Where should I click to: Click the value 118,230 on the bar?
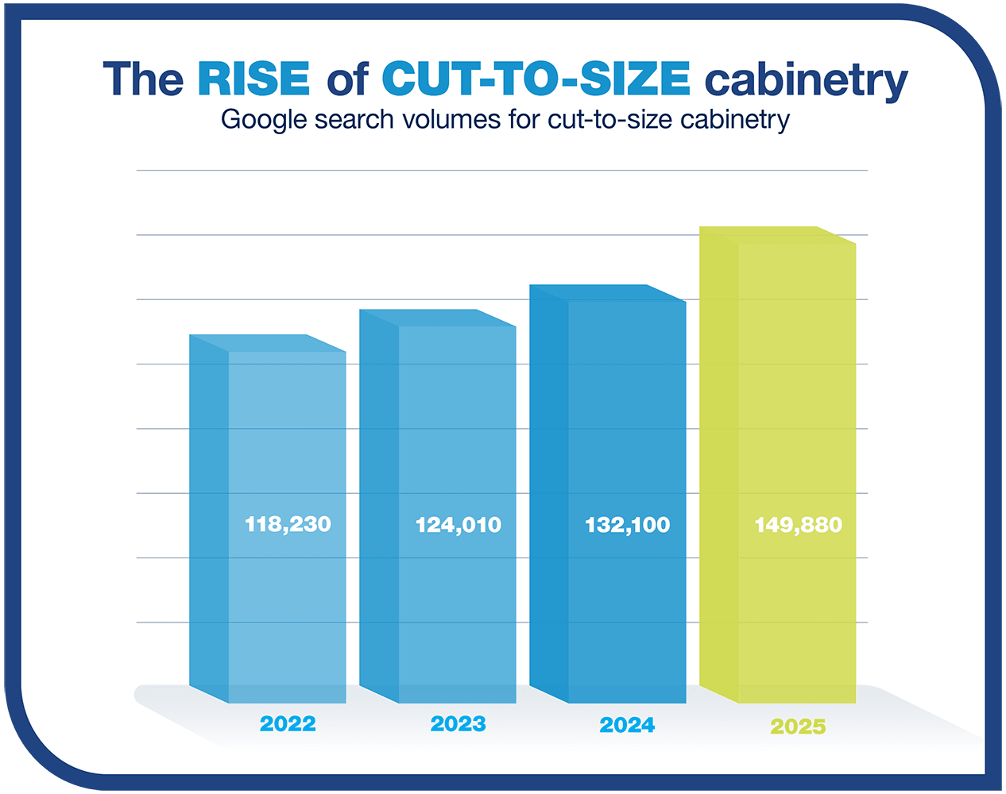pyautogui.click(x=288, y=524)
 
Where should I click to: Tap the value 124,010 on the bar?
pyautogui.click(x=459, y=525)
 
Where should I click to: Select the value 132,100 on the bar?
pyautogui.click(x=628, y=525)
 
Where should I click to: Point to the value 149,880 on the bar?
pyautogui.click(x=798, y=525)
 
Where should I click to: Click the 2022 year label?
pyautogui.click(x=288, y=724)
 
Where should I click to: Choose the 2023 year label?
pyautogui.click(x=458, y=724)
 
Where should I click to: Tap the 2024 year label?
pyautogui.click(x=628, y=725)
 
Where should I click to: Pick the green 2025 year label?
pyautogui.click(x=798, y=727)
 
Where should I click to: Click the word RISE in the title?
pyautogui.click(x=253, y=79)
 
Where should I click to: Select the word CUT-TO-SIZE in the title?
pyautogui.click(x=536, y=79)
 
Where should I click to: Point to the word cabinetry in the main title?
pyautogui.click(x=806, y=80)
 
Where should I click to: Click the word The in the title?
pyautogui.click(x=143, y=79)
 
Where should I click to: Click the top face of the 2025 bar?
pyautogui.click(x=777, y=235)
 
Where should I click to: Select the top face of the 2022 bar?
pyautogui.click(x=268, y=343)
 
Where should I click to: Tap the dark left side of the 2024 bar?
pyautogui.click(x=549, y=492)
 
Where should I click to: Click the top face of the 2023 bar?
pyautogui.click(x=438, y=318)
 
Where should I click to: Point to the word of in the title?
pyautogui.click(x=346, y=79)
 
